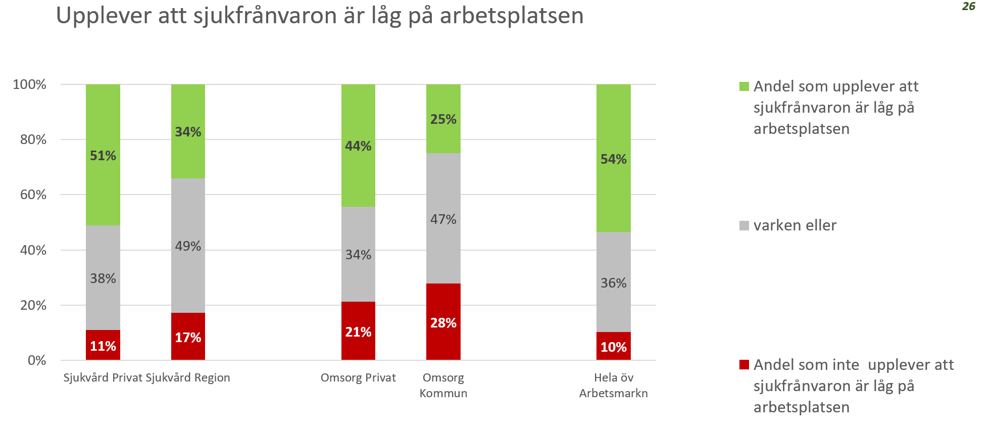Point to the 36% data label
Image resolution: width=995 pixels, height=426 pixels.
coord(613,283)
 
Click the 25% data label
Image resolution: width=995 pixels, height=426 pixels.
coord(443,119)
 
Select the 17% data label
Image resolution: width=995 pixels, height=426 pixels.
coord(188,338)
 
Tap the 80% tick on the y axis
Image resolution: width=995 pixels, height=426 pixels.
coord(33,139)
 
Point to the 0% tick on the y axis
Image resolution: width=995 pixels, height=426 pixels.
coord(37,360)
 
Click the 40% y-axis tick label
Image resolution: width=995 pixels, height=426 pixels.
coord(33,250)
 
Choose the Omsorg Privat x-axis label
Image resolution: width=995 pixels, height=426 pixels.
coord(358,377)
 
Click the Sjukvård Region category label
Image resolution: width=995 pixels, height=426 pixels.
coord(188,377)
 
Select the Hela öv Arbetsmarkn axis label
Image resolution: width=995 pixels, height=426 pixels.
coord(613,385)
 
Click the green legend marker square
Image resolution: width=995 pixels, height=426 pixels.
coord(744,86)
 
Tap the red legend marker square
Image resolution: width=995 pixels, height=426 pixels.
coord(744,365)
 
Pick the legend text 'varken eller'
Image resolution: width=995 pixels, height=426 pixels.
coord(794,225)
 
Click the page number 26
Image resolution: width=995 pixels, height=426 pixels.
coord(968,7)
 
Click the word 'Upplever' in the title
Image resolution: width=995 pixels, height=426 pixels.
coord(104,16)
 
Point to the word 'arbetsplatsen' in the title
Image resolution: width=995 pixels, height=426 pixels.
coord(512,16)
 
